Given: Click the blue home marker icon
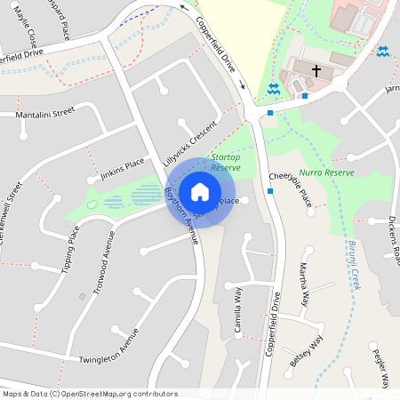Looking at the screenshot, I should [x=200, y=191].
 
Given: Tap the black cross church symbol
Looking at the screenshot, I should [x=316, y=70].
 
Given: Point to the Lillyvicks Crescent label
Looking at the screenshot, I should [x=190, y=140].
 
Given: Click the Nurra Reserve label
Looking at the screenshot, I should [x=327, y=172].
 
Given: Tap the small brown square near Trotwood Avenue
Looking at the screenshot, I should [x=83, y=295].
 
